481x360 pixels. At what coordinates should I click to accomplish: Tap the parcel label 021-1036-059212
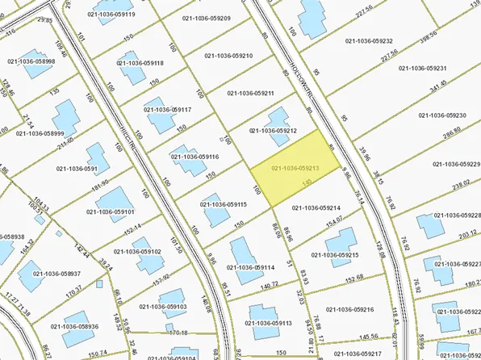(x=279, y=131)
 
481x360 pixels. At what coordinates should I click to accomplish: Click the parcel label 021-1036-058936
(x=74, y=326)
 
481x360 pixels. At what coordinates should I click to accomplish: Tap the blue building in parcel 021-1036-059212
(x=277, y=119)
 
